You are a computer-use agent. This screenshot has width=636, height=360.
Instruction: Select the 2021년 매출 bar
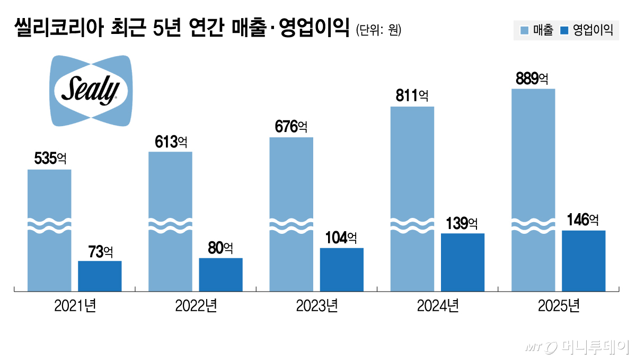pos(49,231)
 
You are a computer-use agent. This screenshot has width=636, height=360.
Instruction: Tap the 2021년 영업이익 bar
pos(100,276)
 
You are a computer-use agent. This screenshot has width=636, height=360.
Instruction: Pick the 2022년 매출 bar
pos(170,222)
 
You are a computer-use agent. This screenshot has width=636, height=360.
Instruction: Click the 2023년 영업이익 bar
pos(342,269)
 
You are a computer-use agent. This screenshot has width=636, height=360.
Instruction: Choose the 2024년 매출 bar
pos(412,199)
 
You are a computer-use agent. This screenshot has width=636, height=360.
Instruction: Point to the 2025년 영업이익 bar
pos(584,260)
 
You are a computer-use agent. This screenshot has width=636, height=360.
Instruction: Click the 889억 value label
pos(532,79)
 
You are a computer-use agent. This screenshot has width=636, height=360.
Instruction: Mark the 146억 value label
pos(583,220)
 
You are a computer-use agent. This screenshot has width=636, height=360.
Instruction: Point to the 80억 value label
pos(220,248)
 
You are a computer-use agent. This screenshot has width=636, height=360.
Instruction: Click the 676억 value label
pos(291,127)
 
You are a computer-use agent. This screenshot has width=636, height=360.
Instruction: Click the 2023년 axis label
pos(316,306)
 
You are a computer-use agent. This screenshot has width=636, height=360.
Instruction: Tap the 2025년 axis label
pos(559,306)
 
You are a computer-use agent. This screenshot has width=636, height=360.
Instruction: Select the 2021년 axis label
pos(75,306)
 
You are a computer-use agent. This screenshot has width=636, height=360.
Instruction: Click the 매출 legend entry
pos(536,30)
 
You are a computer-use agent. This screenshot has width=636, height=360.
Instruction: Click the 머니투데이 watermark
pos(578,347)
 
